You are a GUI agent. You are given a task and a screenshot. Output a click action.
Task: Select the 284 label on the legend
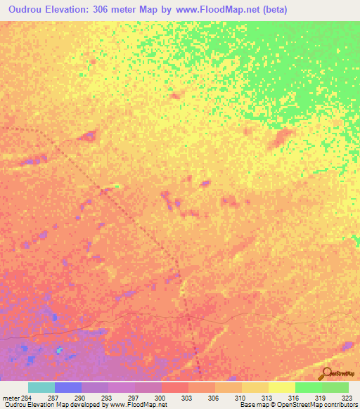pos(27,398)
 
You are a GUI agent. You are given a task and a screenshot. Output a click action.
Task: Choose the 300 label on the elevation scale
pos(161,398)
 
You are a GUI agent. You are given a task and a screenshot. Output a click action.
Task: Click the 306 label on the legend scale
pos(214,398)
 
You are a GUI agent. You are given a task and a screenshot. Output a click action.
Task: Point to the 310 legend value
pos(241,398)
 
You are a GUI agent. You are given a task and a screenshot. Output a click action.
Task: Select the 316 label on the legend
pos(295,398)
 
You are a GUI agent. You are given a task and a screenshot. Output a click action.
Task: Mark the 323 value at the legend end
pos(347,398)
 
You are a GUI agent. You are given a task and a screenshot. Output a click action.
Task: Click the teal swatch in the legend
pos(41,387)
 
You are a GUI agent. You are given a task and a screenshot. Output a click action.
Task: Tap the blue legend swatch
pos(67,387)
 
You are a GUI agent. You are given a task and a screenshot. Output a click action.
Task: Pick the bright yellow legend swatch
pos(281,387)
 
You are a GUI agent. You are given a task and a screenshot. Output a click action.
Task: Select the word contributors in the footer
pos(340,405)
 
